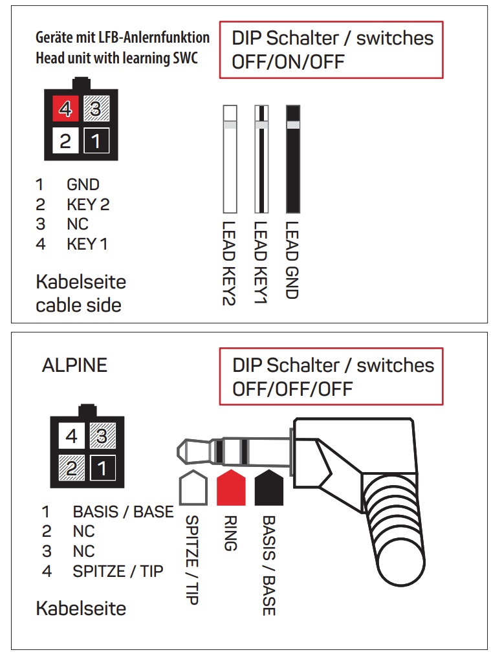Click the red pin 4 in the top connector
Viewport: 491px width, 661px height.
[x=65, y=109]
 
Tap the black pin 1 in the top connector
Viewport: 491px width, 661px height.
[x=96, y=140]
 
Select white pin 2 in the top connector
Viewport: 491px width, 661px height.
[x=65, y=140]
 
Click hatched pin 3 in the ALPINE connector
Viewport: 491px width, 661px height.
[x=102, y=437]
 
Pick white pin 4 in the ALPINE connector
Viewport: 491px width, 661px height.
[x=72, y=437]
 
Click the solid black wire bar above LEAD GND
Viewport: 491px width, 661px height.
[x=293, y=159]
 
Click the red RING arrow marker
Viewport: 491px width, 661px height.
[x=231, y=487]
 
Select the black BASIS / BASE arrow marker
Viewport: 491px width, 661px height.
[x=270, y=487]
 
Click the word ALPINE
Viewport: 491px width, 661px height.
[x=74, y=365]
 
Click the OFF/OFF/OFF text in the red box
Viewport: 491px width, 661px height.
[x=292, y=389]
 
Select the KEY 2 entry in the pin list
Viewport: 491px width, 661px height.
[x=88, y=205]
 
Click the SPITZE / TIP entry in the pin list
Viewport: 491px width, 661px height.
[x=118, y=571]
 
